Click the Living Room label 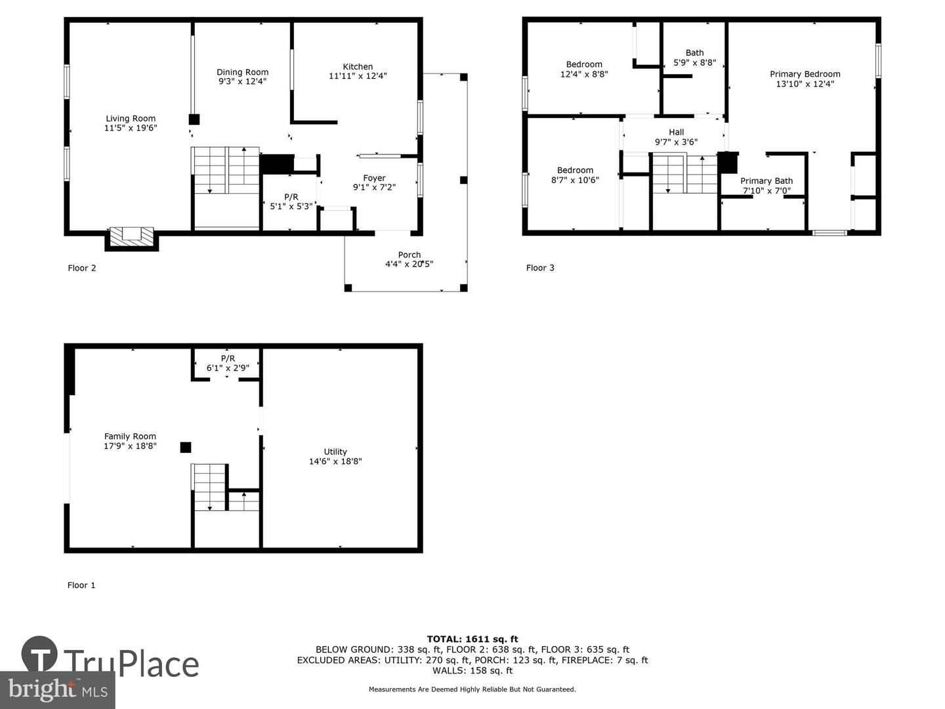click(131, 119)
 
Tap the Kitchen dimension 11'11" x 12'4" click(358, 76)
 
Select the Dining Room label click(243, 72)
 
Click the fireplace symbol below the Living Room click(132, 236)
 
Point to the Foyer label click(374, 178)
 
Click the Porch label click(409, 255)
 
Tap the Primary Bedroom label click(805, 74)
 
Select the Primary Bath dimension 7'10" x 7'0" click(766, 191)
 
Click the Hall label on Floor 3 click(676, 132)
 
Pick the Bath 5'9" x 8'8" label click(694, 58)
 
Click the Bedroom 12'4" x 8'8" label click(584, 69)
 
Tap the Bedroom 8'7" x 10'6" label click(575, 175)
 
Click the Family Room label click(130, 436)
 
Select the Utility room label click(335, 452)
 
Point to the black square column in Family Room click(186, 447)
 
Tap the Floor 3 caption click(540, 268)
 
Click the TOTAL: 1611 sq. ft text click(472, 639)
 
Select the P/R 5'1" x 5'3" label click(291, 202)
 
